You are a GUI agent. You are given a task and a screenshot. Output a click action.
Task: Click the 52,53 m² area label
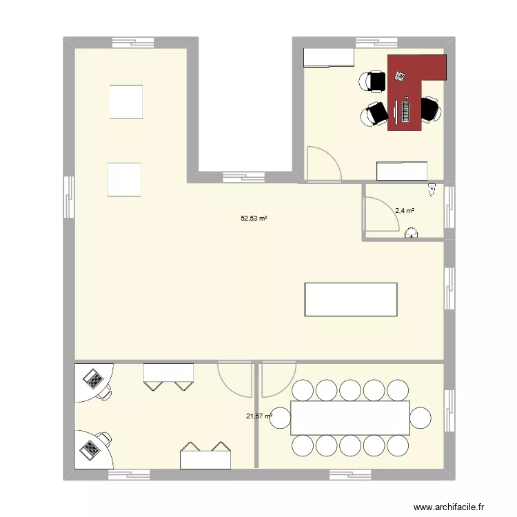[x=254, y=219]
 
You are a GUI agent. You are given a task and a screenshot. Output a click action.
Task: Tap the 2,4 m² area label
[x=405, y=211]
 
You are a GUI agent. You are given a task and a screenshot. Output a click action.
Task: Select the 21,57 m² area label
[x=259, y=416]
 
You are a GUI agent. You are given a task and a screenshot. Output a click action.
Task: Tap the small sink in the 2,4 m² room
[x=412, y=234]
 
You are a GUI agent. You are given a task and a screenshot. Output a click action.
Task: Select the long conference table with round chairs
[x=351, y=417]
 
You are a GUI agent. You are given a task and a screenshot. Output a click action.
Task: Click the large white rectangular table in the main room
[x=351, y=299]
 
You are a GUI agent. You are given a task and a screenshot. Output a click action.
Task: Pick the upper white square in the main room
[x=125, y=102]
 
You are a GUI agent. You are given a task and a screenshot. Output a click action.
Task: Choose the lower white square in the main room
[x=124, y=179]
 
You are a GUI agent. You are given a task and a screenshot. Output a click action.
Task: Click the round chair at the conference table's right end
[x=420, y=418]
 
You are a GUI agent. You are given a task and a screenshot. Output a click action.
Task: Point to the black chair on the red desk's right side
[x=431, y=110]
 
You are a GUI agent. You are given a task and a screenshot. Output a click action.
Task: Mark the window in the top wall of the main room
[x=132, y=41]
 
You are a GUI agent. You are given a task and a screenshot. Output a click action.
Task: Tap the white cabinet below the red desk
[x=402, y=170]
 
